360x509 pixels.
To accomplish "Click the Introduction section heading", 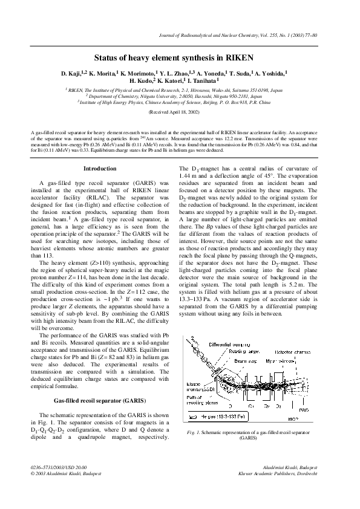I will tap(99, 168).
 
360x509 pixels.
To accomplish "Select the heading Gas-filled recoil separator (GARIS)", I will tap(99, 401).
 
